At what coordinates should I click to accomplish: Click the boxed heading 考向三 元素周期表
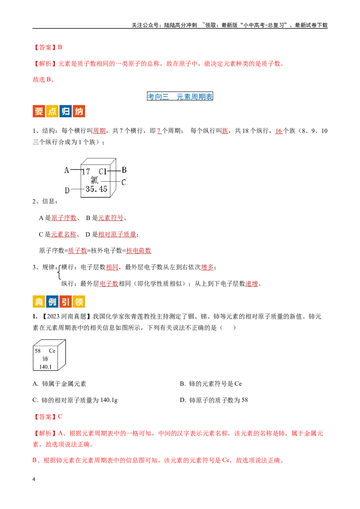[180, 96]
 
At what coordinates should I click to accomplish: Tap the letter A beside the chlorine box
[67, 170]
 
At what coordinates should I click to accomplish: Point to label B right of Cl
[124, 170]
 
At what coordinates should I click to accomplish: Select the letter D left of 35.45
[67, 190]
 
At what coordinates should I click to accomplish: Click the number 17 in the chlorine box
[86, 171]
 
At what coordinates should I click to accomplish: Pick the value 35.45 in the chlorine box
[96, 189]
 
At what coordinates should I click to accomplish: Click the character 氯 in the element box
[94, 180]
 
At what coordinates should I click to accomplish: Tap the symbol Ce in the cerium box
[52, 351]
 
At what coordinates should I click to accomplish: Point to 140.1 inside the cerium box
[45, 367]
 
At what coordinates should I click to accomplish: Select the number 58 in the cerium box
[38, 351]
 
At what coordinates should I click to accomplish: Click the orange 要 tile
[39, 112]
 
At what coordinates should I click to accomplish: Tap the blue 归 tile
[66, 112]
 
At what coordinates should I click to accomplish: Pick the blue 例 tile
[52, 302]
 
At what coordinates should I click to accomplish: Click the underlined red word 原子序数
[64, 218]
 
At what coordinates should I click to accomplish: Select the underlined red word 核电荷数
[139, 250]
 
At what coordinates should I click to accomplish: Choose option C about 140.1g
[75, 400]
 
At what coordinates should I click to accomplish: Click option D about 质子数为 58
[214, 400]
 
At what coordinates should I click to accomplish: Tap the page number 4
[34, 479]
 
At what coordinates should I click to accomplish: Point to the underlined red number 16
[279, 131]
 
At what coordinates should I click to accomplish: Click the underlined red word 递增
[252, 284]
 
